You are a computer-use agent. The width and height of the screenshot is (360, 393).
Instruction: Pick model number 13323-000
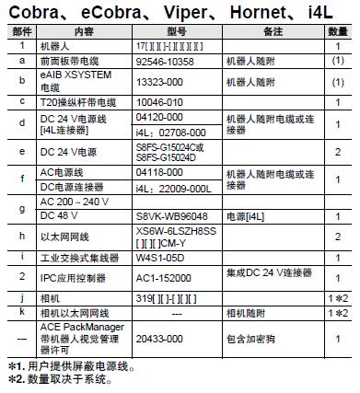tap(160, 81)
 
